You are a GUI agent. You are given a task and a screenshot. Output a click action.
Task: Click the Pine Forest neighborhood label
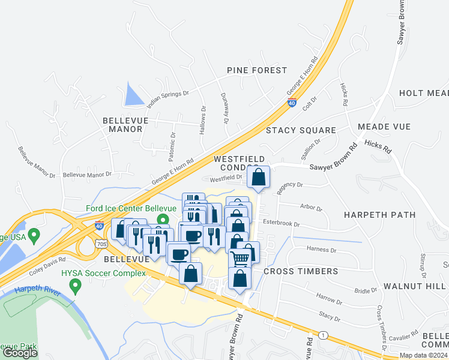pyautogui.click(x=257, y=70)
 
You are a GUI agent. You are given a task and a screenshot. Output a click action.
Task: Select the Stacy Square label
pyautogui.click(x=301, y=130)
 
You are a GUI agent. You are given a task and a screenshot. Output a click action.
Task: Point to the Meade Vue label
pyautogui.click(x=384, y=127)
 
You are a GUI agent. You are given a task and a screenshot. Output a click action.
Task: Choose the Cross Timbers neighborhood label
pyautogui.click(x=301, y=271)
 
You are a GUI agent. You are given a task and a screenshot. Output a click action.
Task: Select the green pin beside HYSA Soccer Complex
pyautogui.click(x=76, y=286)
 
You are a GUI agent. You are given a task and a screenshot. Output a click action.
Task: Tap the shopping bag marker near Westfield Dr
pyautogui.click(x=258, y=178)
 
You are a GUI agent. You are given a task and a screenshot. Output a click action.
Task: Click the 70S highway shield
pyautogui.click(x=101, y=244)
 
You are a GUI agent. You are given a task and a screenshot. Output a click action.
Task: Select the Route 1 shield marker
pyautogui.click(x=324, y=335)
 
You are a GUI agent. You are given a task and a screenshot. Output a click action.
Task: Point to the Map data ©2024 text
pyautogui.click(x=423, y=355)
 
